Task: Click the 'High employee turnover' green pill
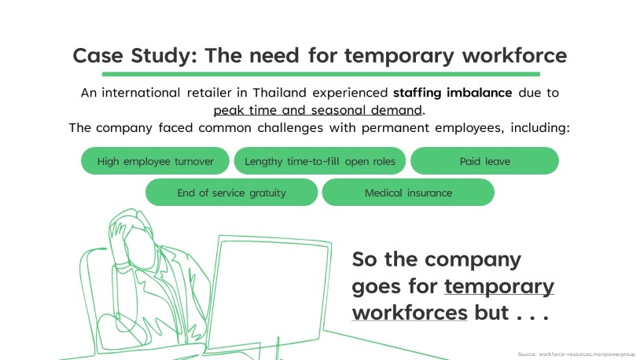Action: point(155,161)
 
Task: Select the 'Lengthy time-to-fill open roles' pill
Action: point(320,161)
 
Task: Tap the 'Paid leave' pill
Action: point(484,161)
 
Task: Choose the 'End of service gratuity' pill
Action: point(231,193)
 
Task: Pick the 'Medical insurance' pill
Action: point(408,193)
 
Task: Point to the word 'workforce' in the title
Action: point(514,55)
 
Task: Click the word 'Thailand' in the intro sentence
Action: point(280,93)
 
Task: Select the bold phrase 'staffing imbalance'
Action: point(453,93)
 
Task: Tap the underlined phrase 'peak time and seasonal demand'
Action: point(318,110)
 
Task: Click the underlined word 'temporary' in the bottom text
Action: point(499,287)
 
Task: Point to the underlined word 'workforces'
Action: point(410,313)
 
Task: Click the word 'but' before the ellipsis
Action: point(491,313)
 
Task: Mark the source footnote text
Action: point(576,354)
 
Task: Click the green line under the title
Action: point(321,74)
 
